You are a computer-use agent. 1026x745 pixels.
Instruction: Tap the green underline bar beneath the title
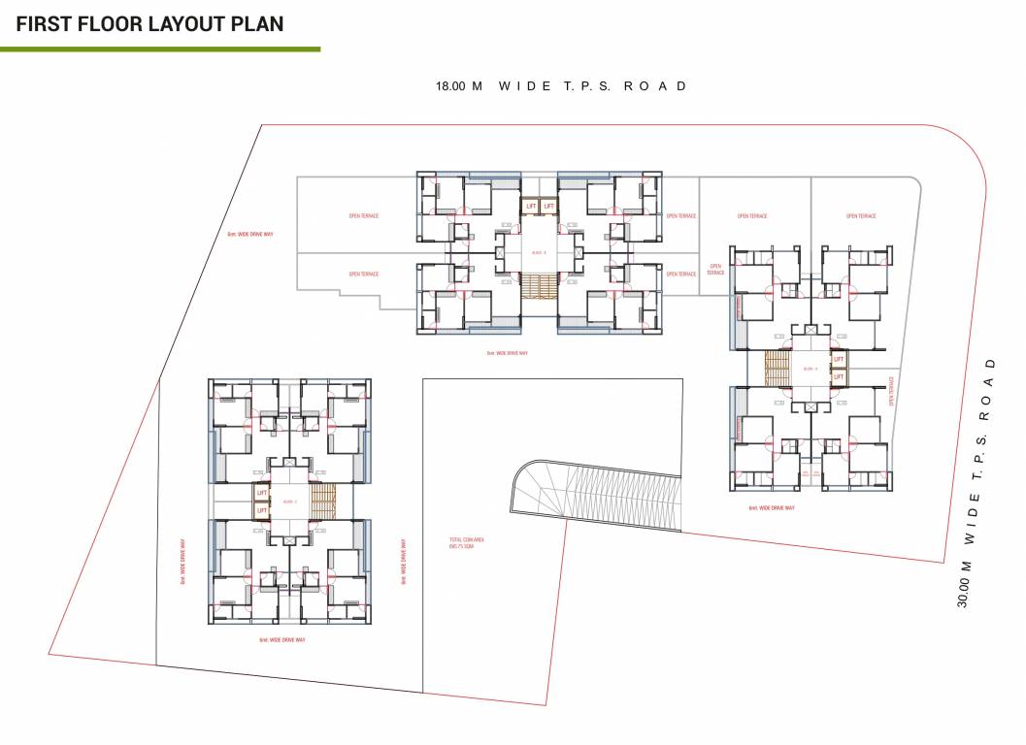160,49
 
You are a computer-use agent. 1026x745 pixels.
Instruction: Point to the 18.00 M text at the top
459,85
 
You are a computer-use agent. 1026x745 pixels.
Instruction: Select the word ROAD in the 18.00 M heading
655,85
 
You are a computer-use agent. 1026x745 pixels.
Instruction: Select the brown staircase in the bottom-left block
322,501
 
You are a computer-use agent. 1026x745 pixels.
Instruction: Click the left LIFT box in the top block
531,206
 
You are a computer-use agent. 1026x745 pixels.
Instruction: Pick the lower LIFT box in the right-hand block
839,375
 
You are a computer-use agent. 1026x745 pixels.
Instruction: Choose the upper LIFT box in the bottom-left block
262,493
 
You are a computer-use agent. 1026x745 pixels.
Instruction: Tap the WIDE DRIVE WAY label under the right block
772,507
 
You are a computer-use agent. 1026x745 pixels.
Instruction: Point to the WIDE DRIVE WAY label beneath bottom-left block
282,640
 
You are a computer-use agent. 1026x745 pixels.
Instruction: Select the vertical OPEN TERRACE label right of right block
890,393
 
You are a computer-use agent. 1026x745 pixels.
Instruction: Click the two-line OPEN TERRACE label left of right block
715,270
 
